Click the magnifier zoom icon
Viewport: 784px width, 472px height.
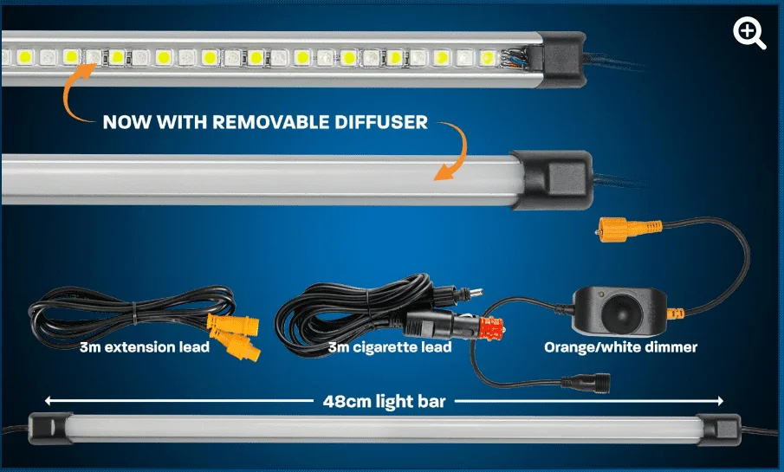(x=749, y=33)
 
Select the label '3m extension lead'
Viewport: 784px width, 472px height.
(x=144, y=348)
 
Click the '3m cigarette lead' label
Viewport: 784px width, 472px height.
(x=390, y=348)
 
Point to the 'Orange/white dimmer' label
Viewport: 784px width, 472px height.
(x=620, y=348)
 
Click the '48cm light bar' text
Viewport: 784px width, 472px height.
(x=384, y=401)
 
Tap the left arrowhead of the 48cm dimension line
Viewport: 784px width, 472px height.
(x=49, y=401)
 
